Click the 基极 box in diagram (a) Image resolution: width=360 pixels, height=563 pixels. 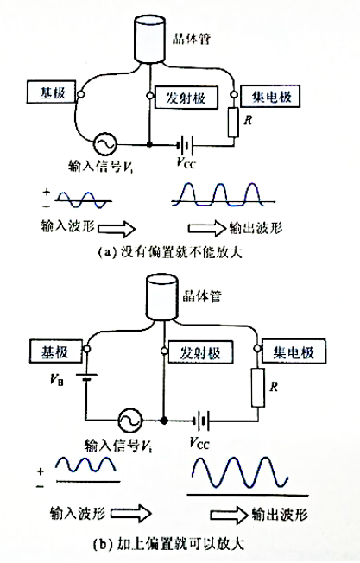pyautogui.click(x=51, y=92)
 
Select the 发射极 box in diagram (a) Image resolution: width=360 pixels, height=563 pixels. pyautogui.click(x=186, y=98)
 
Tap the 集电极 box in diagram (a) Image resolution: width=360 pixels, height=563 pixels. pyautogui.click(x=270, y=96)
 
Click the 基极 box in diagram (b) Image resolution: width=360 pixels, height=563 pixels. pyautogui.click(x=56, y=351)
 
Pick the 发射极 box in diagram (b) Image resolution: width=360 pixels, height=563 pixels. pyautogui.click(x=200, y=352)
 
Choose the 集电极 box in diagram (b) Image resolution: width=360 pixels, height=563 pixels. pyautogui.click(x=294, y=351)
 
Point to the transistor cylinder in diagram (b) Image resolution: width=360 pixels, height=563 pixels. pyautogui.click(x=161, y=297)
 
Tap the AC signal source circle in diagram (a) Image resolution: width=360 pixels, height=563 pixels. pyautogui.click(x=105, y=143)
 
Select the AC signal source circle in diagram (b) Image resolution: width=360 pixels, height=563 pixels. pyautogui.click(x=130, y=421)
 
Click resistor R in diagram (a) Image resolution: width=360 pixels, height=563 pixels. pyautogui.click(x=233, y=122)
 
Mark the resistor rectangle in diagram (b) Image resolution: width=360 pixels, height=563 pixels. pyautogui.click(x=258, y=387)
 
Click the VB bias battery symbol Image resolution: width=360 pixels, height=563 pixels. pyautogui.click(x=86, y=376)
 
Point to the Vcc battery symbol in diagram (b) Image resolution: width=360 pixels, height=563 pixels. pyautogui.click(x=201, y=421)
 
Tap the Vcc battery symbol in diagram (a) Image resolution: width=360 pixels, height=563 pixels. pyautogui.click(x=185, y=145)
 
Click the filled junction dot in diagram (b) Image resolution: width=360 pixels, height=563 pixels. pyautogui.click(x=164, y=421)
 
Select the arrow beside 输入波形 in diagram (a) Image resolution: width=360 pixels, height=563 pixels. pyautogui.click(x=117, y=229)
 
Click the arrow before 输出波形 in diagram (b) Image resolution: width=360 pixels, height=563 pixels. pyautogui.click(x=229, y=515)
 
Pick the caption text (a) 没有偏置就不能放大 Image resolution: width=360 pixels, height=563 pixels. pyautogui.click(x=170, y=252)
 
